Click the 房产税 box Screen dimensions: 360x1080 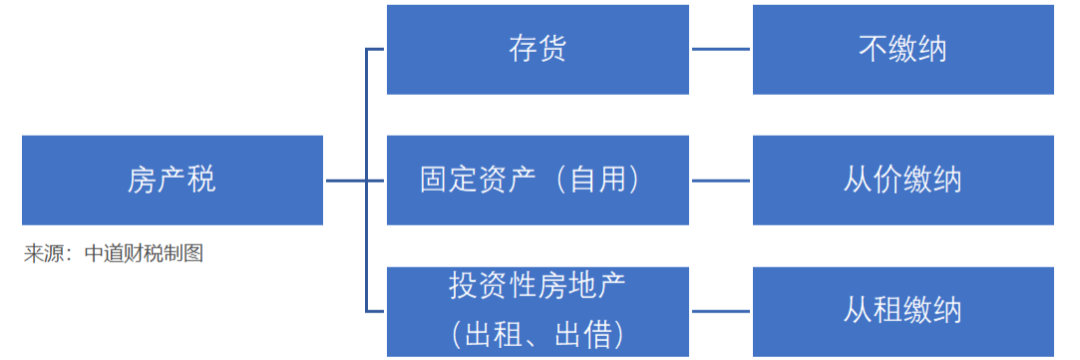pyautogui.click(x=172, y=180)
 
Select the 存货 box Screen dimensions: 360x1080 pyautogui.click(x=537, y=49)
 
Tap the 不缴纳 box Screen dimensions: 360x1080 pyautogui.click(x=902, y=49)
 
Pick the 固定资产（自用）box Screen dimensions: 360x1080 pyautogui.click(x=537, y=180)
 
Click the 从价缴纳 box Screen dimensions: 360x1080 pyautogui.click(x=902, y=180)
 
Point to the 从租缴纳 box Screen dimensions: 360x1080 pyautogui.click(x=902, y=311)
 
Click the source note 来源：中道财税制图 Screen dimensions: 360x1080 pyautogui.click(x=114, y=254)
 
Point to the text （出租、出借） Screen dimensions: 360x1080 pyautogui.click(x=537, y=329)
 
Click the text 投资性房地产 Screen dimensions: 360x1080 pyautogui.click(x=537, y=288)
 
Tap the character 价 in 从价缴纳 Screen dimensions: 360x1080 pyautogui.click(x=887, y=180)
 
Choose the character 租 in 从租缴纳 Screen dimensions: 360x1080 pyautogui.click(x=887, y=311)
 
